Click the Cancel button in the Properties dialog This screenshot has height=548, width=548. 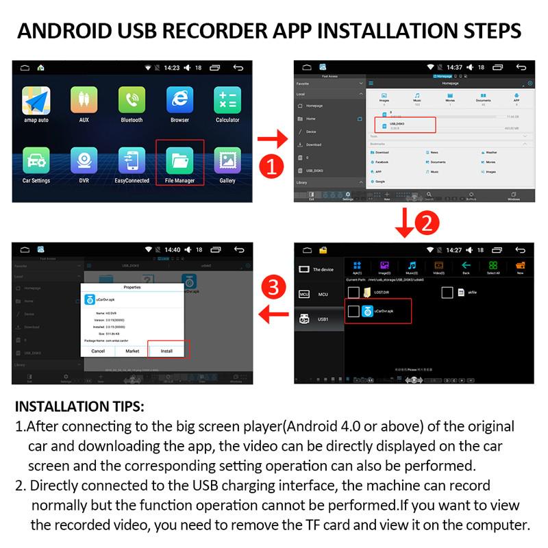[98, 351]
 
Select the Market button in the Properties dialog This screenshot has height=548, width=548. [132, 351]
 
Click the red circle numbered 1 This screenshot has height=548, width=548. [273, 166]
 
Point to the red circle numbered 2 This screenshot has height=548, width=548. [427, 223]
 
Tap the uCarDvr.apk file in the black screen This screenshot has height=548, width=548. [378, 311]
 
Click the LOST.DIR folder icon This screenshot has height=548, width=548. [368, 292]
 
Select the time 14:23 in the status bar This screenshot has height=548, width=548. [171, 68]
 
